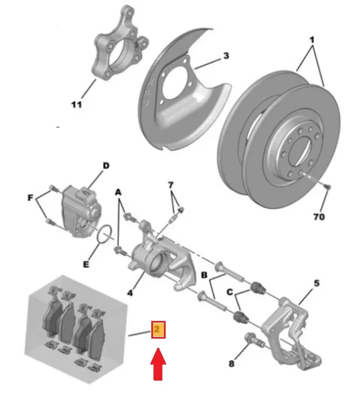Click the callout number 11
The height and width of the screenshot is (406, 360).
pyautogui.click(x=76, y=104)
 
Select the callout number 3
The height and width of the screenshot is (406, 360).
pyautogui.click(x=225, y=56)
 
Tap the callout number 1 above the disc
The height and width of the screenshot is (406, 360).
pyautogui.click(x=311, y=41)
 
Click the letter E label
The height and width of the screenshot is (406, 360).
pyautogui.click(x=86, y=264)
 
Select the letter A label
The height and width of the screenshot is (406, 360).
pyautogui.click(x=118, y=192)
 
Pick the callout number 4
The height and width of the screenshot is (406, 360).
pyautogui.click(x=129, y=293)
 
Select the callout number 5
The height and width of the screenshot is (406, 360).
pyautogui.click(x=316, y=283)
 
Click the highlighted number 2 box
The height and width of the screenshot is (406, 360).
pyautogui.click(x=158, y=330)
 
